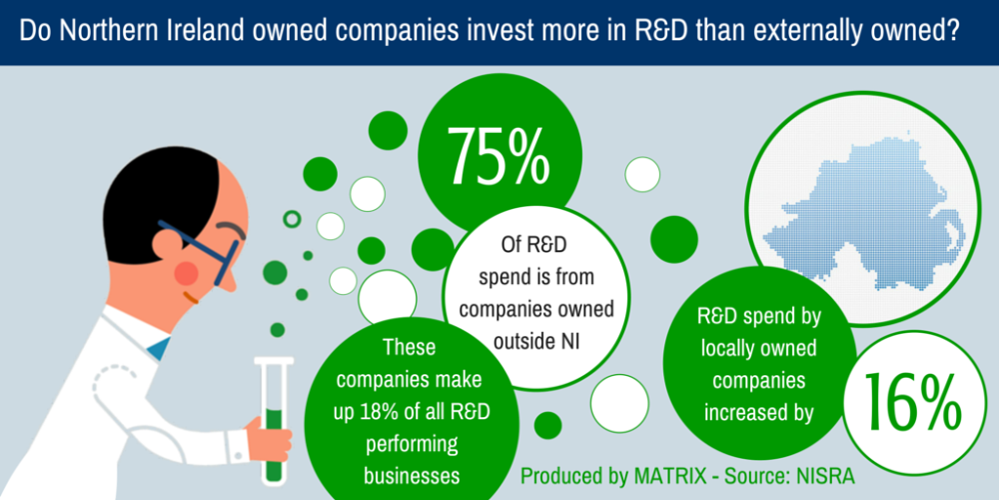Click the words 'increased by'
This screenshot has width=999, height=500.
click(757, 411)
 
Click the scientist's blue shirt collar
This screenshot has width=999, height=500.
click(158, 348)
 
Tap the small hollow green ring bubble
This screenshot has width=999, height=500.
click(292, 219)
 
